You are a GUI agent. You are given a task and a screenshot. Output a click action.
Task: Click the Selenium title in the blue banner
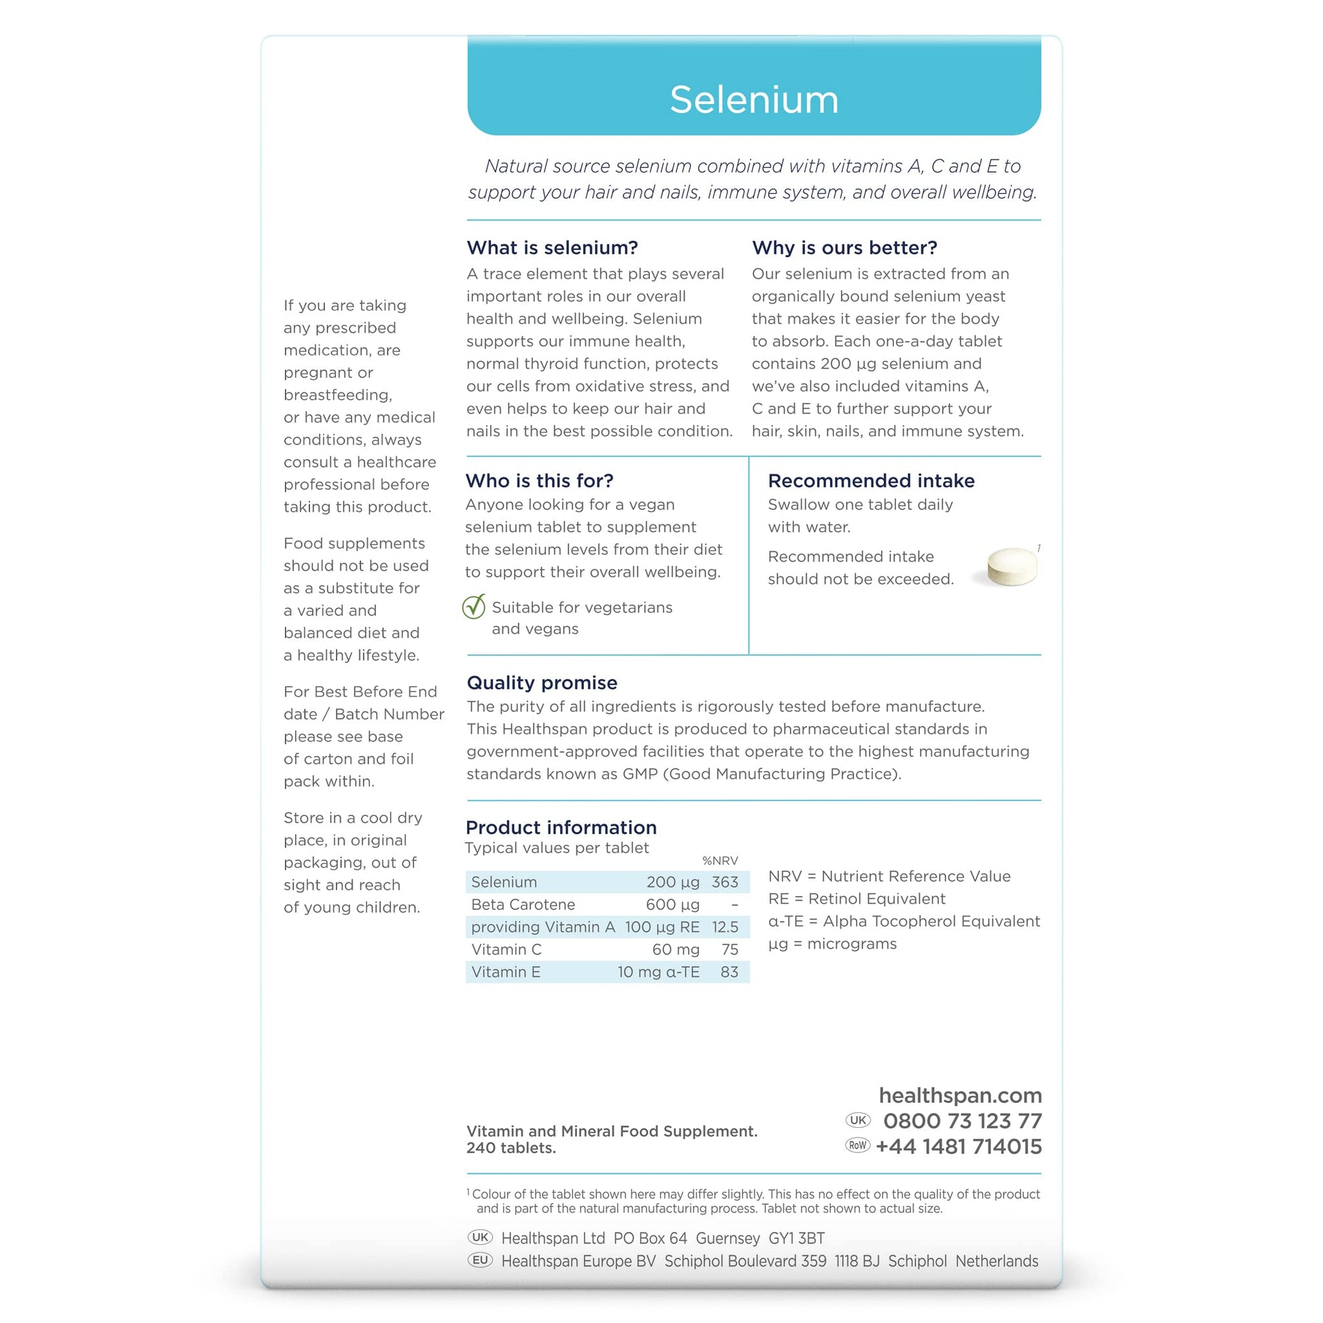pyautogui.click(x=754, y=100)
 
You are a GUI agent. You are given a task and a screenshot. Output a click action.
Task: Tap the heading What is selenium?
pyautogui.click(x=552, y=248)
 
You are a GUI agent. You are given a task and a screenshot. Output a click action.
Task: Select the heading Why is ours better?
pyautogui.click(x=844, y=248)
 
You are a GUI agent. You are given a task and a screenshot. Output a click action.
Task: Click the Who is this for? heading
pyautogui.click(x=540, y=481)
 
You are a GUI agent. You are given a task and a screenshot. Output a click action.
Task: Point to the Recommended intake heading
pyautogui.click(x=871, y=481)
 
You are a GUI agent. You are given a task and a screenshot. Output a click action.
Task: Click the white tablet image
pyautogui.click(x=1012, y=566)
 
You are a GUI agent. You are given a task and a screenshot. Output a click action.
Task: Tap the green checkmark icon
pyautogui.click(x=474, y=606)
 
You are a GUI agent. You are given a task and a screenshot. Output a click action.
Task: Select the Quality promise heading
pyautogui.click(x=542, y=683)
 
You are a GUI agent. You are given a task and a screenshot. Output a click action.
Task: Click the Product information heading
pyautogui.click(x=561, y=827)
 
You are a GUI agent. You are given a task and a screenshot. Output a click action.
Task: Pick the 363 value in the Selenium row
pyautogui.click(x=725, y=882)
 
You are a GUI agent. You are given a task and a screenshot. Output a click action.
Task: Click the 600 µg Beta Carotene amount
pyautogui.click(x=672, y=905)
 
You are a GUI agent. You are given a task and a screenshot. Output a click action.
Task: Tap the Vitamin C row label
pyautogui.click(x=506, y=950)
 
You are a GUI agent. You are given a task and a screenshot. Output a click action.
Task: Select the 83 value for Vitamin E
pyautogui.click(x=729, y=972)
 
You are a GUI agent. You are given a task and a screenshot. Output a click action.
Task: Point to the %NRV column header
pyautogui.click(x=720, y=861)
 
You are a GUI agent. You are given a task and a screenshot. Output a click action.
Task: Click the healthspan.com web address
pyautogui.click(x=960, y=1096)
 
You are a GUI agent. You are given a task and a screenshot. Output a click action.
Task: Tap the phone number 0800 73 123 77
pyautogui.click(x=962, y=1122)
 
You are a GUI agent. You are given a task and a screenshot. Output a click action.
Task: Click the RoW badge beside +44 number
pyautogui.click(x=857, y=1146)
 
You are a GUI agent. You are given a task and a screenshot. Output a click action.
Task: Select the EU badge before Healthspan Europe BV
pyautogui.click(x=480, y=1260)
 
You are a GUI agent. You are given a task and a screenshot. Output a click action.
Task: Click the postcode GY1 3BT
pyautogui.click(x=796, y=1239)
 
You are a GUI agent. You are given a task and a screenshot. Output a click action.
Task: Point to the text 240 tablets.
pyautogui.click(x=511, y=1148)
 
